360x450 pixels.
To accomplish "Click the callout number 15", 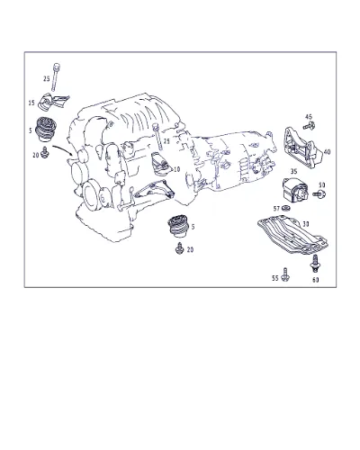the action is tap(31, 103).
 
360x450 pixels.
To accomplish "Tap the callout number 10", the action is tap(177, 169).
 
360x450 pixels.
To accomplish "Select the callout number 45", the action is tap(309, 117).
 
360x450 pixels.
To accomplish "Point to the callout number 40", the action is tap(327, 152).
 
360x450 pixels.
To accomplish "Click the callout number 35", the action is tap(294, 172).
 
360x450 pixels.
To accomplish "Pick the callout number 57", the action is tap(276, 208).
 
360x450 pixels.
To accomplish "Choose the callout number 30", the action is tap(306, 224).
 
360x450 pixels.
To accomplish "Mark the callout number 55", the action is tap(275, 278).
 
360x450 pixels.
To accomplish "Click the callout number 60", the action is tap(315, 280).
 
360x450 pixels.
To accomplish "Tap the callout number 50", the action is tap(321, 185).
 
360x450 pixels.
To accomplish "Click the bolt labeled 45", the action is tap(309, 126).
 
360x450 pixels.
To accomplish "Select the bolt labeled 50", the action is tap(319, 193).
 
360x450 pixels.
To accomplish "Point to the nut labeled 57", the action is tap(286, 208).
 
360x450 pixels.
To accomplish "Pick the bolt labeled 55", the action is tap(285, 274).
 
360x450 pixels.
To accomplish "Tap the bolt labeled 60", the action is tap(315, 264).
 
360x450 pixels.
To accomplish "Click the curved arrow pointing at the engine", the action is tap(62, 148).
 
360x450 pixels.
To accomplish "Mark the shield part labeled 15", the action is tap(52, 102).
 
